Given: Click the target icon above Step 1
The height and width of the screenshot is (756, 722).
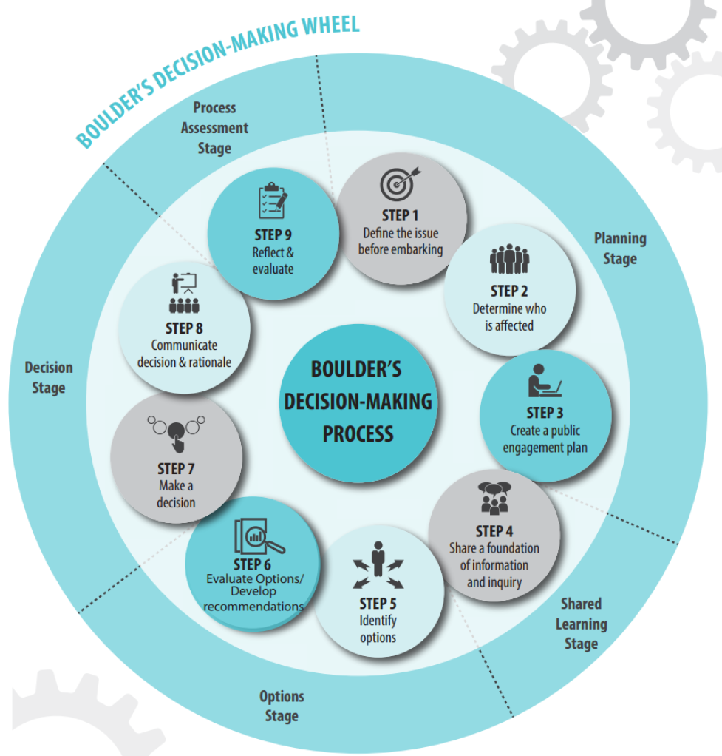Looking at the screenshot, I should [400, 184].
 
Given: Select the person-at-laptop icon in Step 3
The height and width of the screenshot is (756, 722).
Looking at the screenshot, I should [544, 381].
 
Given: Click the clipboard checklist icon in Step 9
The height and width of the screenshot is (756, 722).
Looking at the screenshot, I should [272, 200].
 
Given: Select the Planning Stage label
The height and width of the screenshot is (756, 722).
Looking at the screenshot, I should [620, 249].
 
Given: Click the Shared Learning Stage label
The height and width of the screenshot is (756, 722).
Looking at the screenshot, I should [581, 624].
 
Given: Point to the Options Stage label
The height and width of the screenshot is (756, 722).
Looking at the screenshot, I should [282, 706].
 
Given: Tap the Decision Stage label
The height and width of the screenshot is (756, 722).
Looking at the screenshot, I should [49, 377].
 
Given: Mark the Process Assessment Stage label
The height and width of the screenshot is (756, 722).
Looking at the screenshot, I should [214, 128].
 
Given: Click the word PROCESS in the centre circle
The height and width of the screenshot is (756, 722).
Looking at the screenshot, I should [358, 433].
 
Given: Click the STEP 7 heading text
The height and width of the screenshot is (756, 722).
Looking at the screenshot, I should [176, 468].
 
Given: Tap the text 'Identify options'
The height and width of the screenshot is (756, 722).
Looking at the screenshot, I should [378, 629].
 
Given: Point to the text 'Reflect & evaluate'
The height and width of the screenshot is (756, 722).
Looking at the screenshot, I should [273, 260].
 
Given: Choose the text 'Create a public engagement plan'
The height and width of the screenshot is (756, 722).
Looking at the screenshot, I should [545, 439].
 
